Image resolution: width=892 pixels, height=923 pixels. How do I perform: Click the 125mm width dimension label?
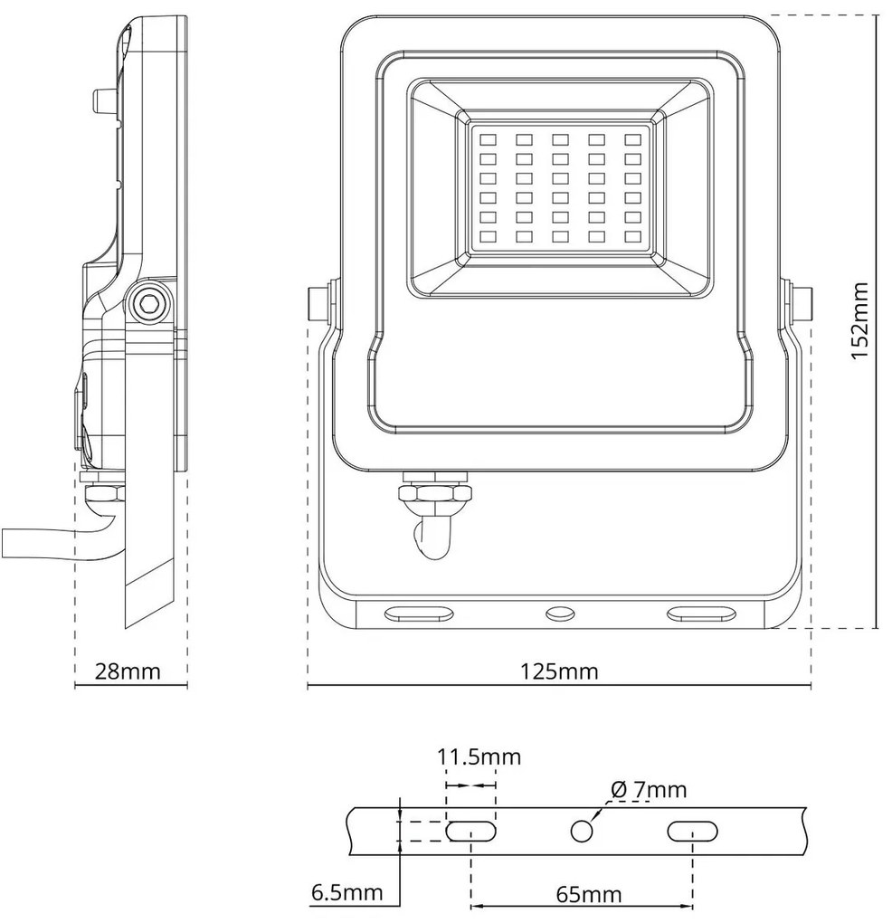(558, 671)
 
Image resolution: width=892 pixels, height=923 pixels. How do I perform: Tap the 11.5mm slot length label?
(479, 756)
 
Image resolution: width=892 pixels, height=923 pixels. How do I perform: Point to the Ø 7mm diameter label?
(648, 790)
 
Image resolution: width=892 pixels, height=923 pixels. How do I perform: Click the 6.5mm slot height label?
(346, 893)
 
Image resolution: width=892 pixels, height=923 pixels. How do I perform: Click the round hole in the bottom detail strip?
(582, 831)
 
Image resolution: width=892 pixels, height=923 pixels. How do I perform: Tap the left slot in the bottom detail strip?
(471, 831)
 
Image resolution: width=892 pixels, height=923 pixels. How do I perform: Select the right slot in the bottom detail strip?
(692, 831)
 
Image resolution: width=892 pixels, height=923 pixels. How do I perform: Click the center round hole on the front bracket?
(559, 614)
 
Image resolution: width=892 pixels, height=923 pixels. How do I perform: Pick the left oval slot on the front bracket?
(419, 614)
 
